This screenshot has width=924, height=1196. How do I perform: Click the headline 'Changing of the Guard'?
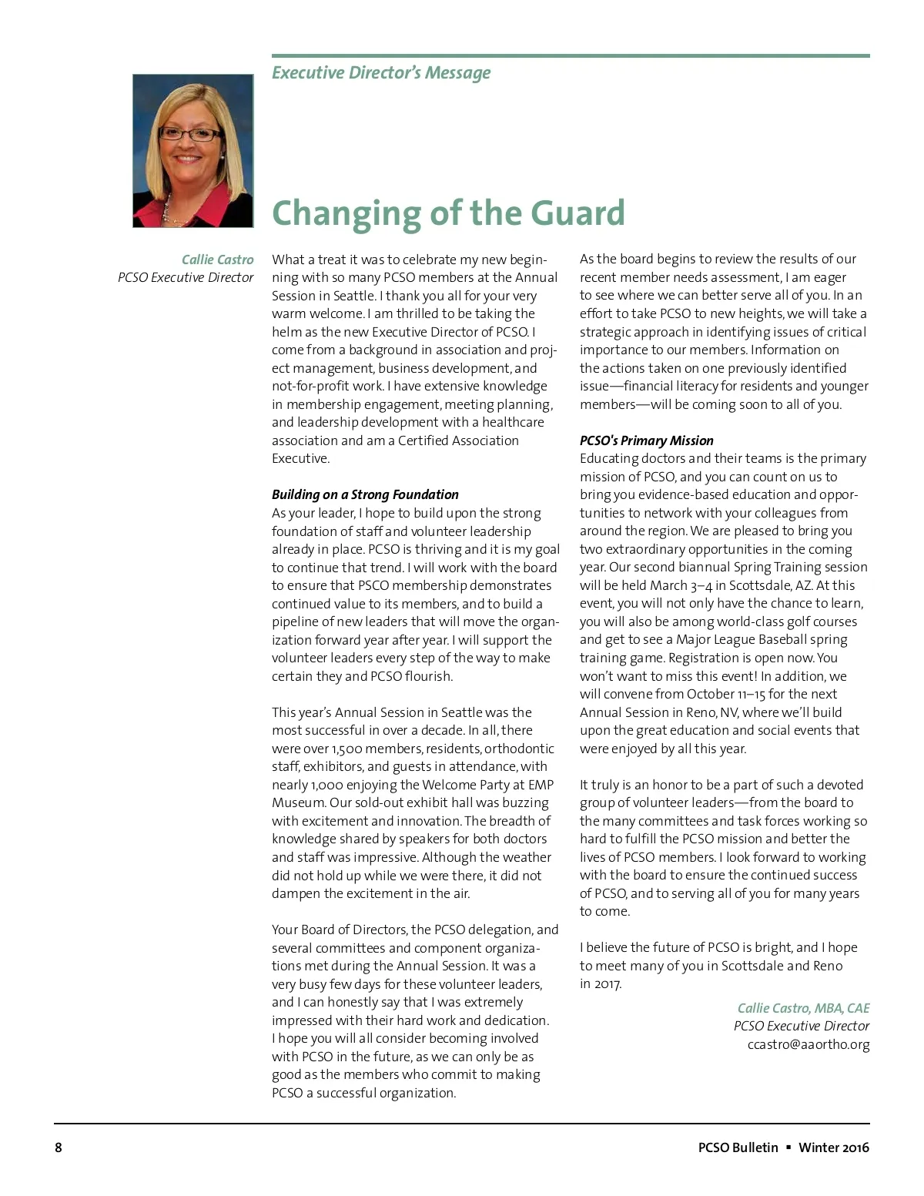click(448, 213)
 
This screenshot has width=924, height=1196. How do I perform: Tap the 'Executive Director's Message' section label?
click(381, 73)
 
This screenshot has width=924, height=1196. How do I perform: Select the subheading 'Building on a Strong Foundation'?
click(365, 494)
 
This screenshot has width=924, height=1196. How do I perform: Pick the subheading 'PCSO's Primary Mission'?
click(646, 441)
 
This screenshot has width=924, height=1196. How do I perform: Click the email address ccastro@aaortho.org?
click(808, 1044)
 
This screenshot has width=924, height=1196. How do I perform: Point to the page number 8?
click(59, 1147)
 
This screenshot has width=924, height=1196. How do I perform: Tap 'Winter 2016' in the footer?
click(834, 1147)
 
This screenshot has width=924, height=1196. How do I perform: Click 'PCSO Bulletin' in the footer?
click(738, 1147)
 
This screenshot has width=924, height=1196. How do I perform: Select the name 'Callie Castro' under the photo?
click(217, 260)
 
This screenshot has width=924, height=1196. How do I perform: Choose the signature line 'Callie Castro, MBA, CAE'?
click(803, 1008)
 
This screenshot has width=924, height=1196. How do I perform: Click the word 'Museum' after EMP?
click(298, 803)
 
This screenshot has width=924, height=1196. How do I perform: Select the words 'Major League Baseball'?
click(742, 639)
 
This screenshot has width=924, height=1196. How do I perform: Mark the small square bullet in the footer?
click(788, 1147)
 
